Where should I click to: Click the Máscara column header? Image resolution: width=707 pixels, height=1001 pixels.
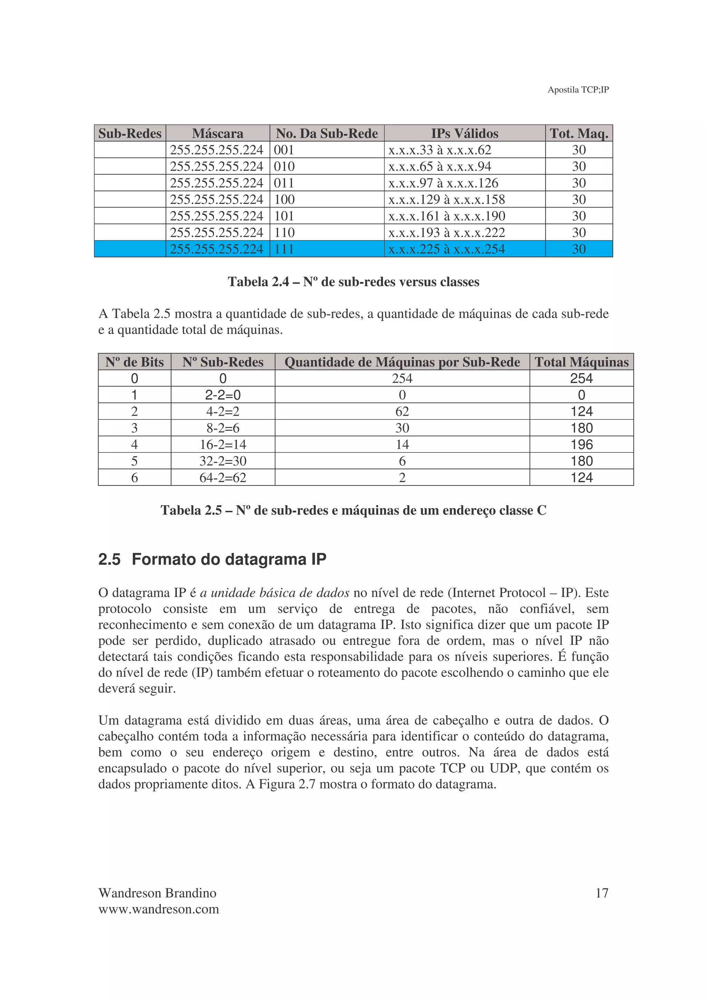217,133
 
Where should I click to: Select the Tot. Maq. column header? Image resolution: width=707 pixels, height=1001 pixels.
579,133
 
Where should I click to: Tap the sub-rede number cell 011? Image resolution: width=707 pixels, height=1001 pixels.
284,183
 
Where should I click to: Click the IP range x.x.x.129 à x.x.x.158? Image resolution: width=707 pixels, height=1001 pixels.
446,200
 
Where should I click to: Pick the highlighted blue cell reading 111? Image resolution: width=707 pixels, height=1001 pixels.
284,249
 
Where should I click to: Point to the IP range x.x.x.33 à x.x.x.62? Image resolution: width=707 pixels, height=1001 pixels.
439,150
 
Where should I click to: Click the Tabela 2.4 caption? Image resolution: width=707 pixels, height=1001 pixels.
353,282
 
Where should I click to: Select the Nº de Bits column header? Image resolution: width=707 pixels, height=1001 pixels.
134,362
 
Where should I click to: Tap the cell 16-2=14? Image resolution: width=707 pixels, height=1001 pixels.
223,445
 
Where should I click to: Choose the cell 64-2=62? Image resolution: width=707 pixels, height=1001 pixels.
223,478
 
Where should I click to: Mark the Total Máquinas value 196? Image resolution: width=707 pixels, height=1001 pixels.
582,445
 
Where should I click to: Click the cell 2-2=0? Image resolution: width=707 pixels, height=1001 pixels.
223,395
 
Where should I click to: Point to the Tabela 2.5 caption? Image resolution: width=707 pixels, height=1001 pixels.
353,511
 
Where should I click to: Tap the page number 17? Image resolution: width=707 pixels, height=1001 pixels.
602,893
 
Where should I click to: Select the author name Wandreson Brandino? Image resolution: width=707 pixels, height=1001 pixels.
157,893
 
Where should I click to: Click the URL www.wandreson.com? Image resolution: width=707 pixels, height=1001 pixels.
158,909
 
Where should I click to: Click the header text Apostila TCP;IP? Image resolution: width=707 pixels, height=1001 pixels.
578,90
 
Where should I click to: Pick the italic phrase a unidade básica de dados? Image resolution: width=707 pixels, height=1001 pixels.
274,593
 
